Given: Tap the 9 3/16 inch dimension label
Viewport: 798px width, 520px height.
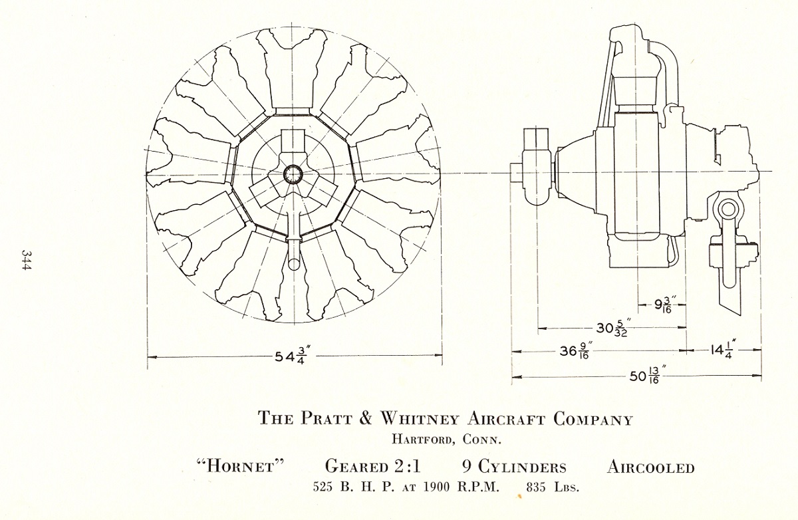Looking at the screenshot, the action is pyautogui.click(x=663, y=305).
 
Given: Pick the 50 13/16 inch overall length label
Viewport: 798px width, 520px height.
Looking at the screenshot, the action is pyautogui.click(x=648, y=376).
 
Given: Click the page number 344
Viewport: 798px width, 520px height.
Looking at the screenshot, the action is pyautogui.click(x=27, y=261).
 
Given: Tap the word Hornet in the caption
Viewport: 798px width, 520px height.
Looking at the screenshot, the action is pyautogui.click(x=241, y=467).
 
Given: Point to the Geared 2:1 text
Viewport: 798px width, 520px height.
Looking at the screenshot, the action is pyautogui.click(x=373, y=466).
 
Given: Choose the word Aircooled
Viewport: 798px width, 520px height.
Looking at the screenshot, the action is pyautogui.click(x=651, y=467).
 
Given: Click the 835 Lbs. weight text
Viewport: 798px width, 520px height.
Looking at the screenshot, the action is pyautogui.click(x=553, y=487).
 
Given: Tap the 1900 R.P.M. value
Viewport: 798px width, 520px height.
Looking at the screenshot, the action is pyautogui.click(x=462, y=487).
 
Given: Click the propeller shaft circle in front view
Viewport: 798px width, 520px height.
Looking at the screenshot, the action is pyautogui.click(x=293, y=175).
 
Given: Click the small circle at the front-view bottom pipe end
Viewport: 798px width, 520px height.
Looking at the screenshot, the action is pyautogui.click(x=294, y=264).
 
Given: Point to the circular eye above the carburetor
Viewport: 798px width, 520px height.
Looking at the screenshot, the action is pyautogui.click(x=727, y=209).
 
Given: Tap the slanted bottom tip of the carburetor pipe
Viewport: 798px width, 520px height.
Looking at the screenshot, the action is pyautogui.click(x=731, y=309).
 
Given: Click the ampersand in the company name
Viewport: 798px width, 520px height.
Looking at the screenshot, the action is pyautogui.click(x=365, y=418).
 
